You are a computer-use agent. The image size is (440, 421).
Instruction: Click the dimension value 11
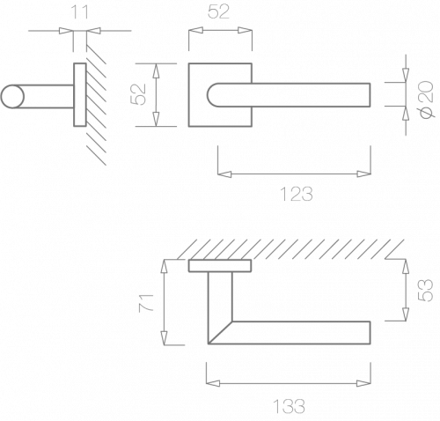coord(80,12)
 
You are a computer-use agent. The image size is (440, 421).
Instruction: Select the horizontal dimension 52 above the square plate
coord(218,12)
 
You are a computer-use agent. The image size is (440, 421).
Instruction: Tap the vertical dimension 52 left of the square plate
coord(138,94)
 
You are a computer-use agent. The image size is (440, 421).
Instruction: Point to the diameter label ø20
coord(427,100)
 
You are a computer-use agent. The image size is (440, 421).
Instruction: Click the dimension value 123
coord(297,194)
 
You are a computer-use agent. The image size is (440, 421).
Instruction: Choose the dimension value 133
coord(289,406)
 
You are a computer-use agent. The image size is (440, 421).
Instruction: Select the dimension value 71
coord(146,302)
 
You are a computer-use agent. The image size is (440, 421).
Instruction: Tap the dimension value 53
coord(426,291)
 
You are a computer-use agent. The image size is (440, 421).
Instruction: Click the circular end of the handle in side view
coord(12,96)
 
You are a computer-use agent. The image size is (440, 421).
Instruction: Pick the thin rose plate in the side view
coord(80,95)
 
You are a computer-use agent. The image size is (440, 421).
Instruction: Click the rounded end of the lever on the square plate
coord(213,95)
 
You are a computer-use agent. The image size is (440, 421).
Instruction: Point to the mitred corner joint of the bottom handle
coord(220,332)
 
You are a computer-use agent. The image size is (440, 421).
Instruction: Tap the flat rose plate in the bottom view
coord(220,266)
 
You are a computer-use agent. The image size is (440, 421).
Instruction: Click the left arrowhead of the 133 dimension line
coord(213,383)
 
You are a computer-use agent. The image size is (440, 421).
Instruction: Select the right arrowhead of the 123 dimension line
coord(364,174)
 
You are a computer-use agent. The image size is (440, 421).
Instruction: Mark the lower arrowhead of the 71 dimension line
coord(165,338)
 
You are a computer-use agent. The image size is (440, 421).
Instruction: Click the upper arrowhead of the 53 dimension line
coord(406,266)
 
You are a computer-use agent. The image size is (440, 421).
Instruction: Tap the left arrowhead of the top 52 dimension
coord(195,31)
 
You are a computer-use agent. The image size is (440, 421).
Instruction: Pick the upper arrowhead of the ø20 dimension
coord(406,76)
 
